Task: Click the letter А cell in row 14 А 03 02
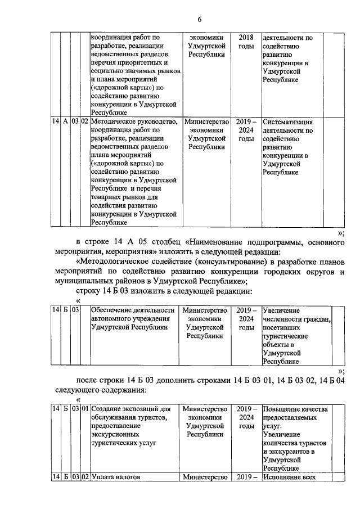(x=65, y=122)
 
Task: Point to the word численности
(x=284, y=319)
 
